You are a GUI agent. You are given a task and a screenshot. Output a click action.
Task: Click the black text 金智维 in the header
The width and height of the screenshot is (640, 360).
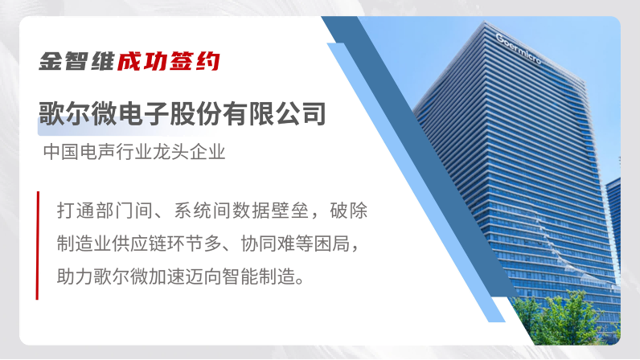pyautogui.click(x=76, y=61)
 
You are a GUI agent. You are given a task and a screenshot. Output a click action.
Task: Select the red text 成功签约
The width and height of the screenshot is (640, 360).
pyautogui.click(x=169, y=61)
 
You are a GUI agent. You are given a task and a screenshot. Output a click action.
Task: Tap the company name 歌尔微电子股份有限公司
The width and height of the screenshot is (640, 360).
pyautogui.click(x=183, y=113)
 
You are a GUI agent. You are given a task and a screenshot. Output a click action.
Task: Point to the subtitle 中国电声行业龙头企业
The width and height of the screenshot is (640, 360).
pyautogui.click(x=134, y=152)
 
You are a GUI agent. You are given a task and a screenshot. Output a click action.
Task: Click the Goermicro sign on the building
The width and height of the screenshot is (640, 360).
pyautogui.click(x=519, y=48)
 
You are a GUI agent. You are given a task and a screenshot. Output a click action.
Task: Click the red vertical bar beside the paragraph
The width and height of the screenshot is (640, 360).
pyautogui.click(x=38, y=245)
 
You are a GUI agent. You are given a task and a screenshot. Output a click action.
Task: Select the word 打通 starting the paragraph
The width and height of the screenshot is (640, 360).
pyautogui.click(x=76, y=211)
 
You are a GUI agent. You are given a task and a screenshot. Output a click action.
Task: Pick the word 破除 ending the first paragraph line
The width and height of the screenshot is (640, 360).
pyautogui.click(x=349, y=211)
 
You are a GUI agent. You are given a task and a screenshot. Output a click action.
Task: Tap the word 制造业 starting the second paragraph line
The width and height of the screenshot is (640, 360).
pyautogui.click(x=84, y=243)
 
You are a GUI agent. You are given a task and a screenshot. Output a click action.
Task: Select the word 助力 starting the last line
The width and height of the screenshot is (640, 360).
pyautogui.click(x=75, y=276)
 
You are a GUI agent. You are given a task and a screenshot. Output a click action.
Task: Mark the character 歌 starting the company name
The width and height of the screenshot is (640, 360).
pyautogui.click(x=51, y=113)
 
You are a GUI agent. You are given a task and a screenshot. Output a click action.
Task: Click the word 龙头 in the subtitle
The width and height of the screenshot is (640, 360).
pyautogui.click(x=170, y=152)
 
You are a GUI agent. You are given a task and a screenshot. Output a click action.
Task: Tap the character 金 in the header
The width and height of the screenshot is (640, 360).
pyautogui.click(x=50, y=61)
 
